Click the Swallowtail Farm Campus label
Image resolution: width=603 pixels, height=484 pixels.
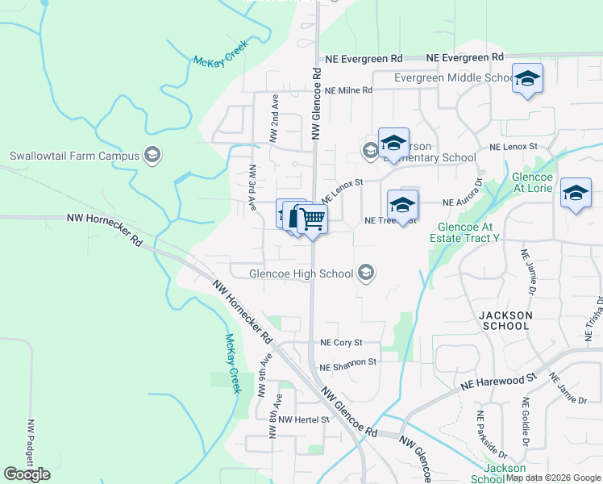tap(73, 156)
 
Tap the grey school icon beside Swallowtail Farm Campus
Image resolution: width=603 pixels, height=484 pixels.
tap(152, 155)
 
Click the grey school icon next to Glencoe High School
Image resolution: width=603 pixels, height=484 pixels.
tap(366, 273)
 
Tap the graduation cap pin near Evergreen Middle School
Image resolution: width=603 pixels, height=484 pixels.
tap(527, 78)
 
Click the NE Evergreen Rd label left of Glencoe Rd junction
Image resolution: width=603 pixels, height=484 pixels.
tap(364, 59)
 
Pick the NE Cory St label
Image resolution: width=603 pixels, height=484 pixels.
tap(341, 343)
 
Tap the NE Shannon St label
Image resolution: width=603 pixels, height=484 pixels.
tap(347, 363)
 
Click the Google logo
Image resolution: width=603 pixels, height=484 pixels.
tap(27, 474)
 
